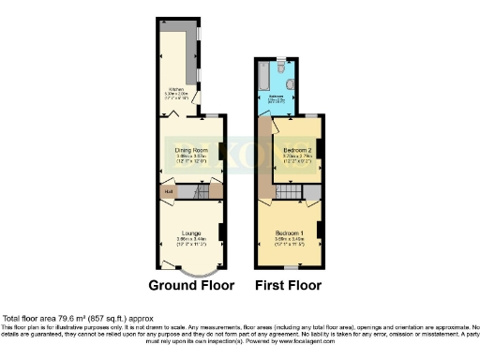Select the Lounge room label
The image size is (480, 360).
(x=191, y=232)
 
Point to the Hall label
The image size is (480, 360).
(x=169, y=193)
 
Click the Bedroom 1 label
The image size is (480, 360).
(x=290, y=232)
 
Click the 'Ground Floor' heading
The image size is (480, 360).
(x=191, y=285)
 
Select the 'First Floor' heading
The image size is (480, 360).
(x=289, y=285)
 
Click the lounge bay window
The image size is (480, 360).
(x=192, y=270)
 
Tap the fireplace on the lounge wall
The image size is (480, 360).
(x=221, y=232)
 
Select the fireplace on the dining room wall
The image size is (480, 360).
(x=221, y=150)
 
